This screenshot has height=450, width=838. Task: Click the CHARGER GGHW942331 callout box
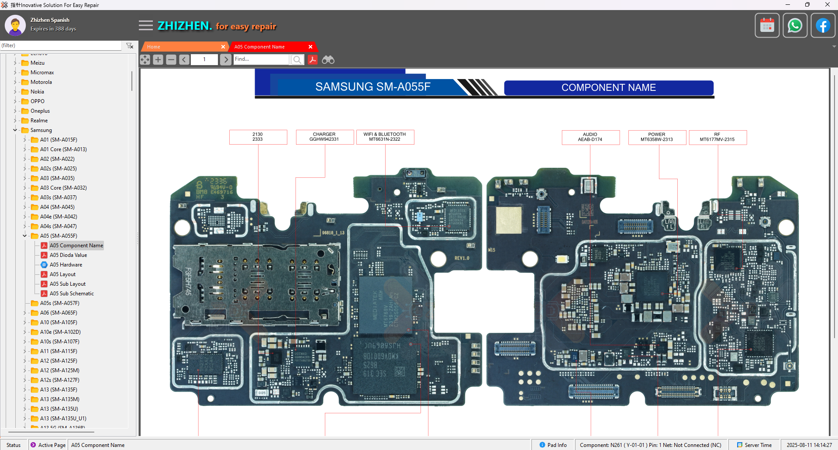pos(324,137)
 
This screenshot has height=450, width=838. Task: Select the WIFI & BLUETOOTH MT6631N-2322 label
pos(385,137)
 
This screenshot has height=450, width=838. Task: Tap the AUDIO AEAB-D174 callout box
pos(590,137)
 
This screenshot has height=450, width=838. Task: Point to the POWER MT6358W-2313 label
pos(657,137)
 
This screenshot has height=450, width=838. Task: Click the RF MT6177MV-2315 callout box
pos(717,137)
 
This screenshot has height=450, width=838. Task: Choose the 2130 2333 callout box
pos(258,137)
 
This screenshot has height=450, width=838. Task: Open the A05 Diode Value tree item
pos(68,255)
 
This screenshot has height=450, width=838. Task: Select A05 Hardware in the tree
pos(66,265)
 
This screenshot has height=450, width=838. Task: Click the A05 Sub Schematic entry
pos(72,294)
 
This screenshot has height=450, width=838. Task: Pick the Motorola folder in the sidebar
pos(41,82)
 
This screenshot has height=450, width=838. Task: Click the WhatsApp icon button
pos(795,25)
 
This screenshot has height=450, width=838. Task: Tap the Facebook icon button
pos(823,25)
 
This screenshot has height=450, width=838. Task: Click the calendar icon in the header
pos(767,25)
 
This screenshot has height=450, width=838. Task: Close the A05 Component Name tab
pos(310,47)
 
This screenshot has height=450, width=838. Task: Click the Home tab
pos(181,47)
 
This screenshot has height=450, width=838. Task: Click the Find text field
pos(261,59)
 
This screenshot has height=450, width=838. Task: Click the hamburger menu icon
pos(146,26)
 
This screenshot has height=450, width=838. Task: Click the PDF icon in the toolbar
pos(313,60)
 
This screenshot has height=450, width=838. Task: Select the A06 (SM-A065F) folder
pos(59,313)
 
